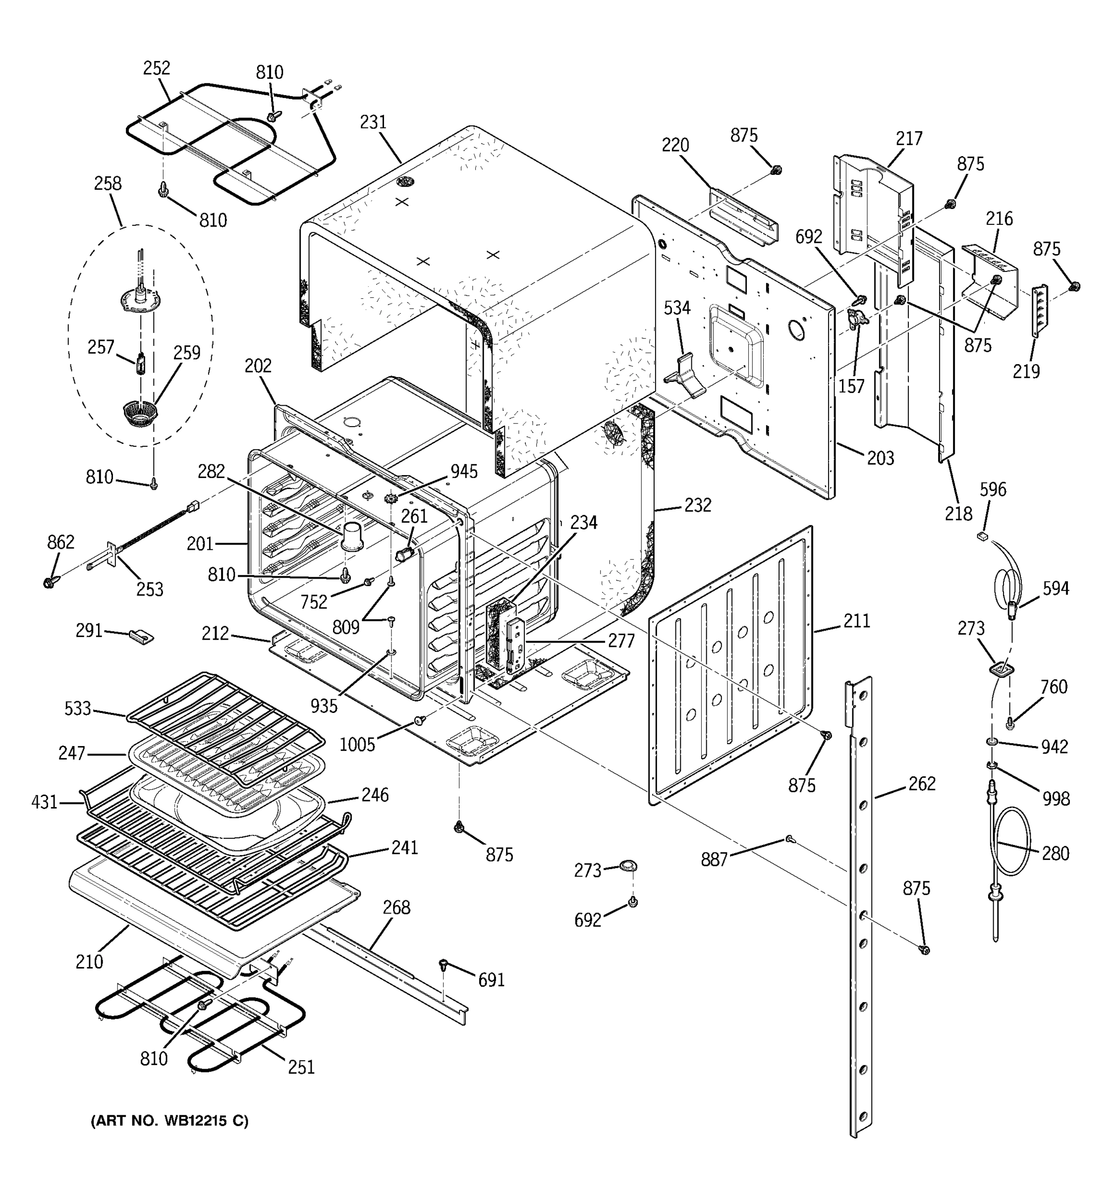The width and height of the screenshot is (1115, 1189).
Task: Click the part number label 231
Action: click(x=373, y=122)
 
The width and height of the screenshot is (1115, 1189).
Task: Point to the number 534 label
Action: click(x=677, y=308)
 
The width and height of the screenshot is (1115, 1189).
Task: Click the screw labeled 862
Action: click(x=50, y=581)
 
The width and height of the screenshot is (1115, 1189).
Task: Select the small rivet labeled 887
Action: click(x=791, y=839)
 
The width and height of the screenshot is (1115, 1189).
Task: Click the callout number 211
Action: click(x=857, y=621)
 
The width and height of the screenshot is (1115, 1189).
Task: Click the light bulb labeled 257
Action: click(x=141, y=364)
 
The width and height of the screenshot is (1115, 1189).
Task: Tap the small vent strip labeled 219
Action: click(x=1040, y=311)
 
